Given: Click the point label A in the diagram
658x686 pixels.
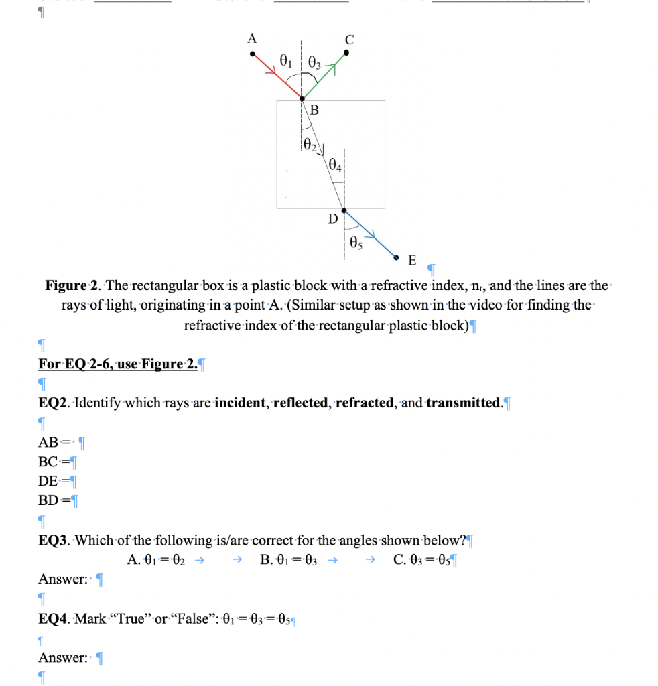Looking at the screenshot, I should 251,38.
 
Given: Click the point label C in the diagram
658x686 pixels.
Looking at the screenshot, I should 348,40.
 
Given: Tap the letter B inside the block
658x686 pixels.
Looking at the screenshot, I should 314,110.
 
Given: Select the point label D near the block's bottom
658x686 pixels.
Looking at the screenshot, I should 332,218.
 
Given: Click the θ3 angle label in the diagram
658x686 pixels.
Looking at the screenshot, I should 314,65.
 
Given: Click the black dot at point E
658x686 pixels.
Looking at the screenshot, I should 396,257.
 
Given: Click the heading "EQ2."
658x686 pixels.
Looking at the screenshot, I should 53,403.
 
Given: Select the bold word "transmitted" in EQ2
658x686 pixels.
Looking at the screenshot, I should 463,403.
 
